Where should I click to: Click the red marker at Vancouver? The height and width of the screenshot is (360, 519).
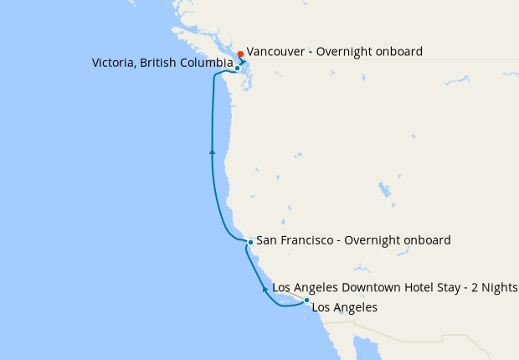(240, 54)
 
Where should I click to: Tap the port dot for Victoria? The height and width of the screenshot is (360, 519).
(238, 69)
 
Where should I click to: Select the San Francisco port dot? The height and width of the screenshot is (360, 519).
(250, 242)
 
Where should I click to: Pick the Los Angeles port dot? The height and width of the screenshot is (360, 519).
(306, 300)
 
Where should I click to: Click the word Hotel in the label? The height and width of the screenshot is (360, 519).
(414, 288)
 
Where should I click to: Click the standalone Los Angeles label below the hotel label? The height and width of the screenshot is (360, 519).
(344, 307)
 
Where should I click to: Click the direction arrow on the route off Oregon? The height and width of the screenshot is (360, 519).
(213, 152)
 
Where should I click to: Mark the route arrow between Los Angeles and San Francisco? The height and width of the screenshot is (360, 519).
(265, 289)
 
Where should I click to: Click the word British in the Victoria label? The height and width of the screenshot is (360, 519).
(159, 64)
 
